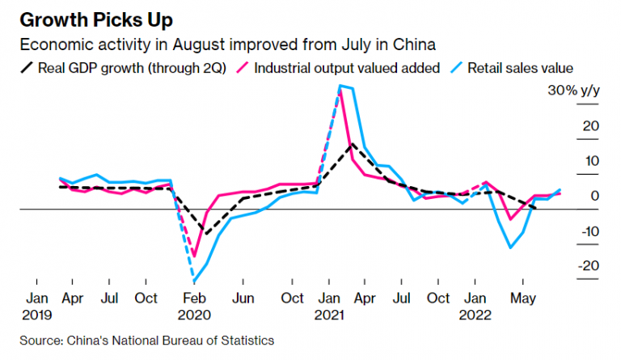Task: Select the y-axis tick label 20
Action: [589, 125]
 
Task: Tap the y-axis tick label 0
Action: [595, 196]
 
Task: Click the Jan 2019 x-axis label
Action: [37, 305]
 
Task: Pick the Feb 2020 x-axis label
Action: [193, 305]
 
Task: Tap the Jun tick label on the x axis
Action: [244, 298]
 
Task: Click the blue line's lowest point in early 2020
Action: [194, 282]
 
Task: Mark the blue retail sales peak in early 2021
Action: [340, 85]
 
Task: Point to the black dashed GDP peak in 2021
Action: [350, 144]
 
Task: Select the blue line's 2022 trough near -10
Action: [510, 248]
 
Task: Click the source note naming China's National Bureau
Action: [147, 341]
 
